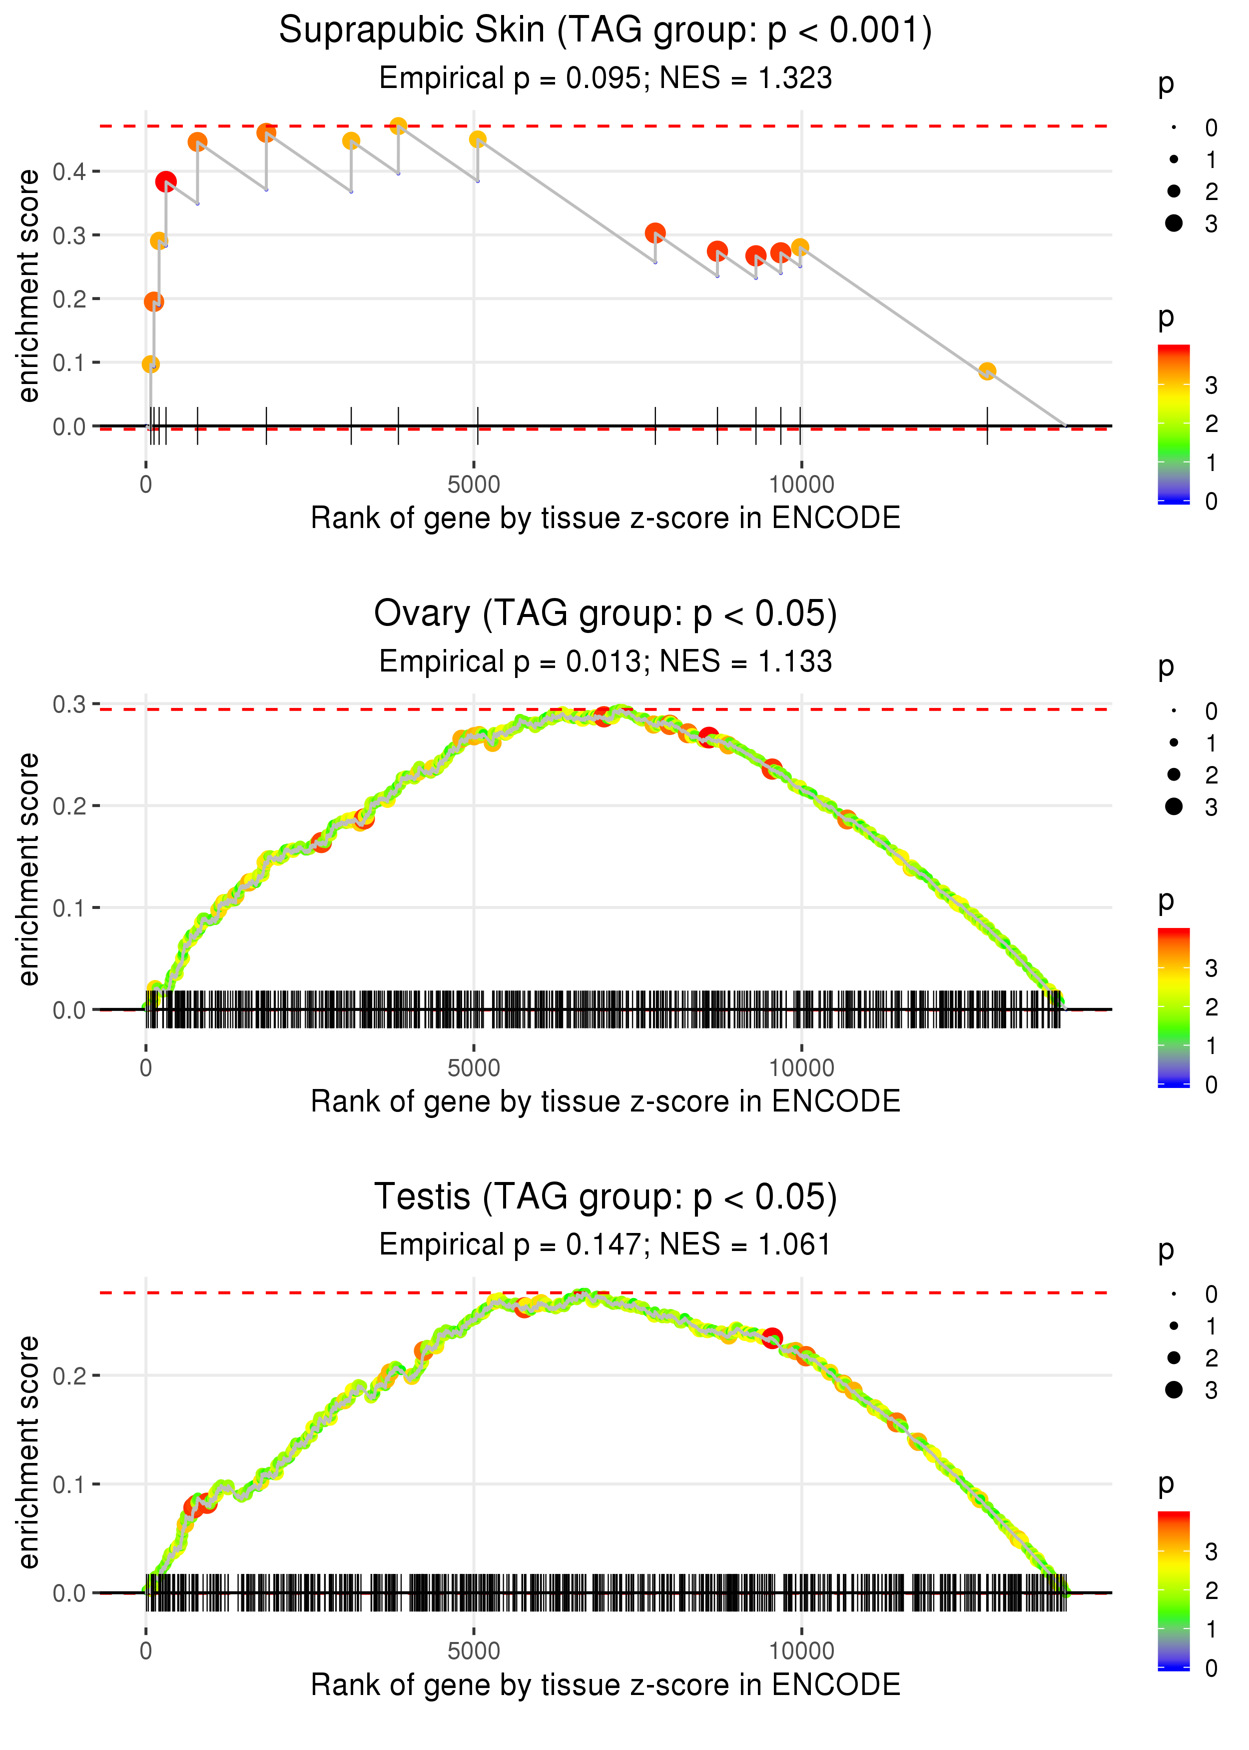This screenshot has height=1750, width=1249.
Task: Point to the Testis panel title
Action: (606, 1196)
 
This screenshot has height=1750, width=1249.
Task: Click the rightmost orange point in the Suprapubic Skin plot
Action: (987, 371)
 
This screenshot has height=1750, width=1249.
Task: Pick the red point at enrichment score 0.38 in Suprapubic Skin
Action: (165, 181)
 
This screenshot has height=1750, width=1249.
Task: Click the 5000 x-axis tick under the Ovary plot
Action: (474, 1067)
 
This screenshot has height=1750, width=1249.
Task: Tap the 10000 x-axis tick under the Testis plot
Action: (801, 1650)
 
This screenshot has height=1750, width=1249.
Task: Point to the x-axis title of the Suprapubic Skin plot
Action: (606, 518)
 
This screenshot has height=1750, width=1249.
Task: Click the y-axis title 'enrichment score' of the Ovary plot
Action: (28, 869)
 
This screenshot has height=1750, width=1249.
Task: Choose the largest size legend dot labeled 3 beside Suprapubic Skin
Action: (1174, 223)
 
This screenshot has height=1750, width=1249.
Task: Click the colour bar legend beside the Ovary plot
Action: (1174, 1006)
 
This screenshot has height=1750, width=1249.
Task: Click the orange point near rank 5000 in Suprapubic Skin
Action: (478, 139)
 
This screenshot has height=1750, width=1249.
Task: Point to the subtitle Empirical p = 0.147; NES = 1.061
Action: (606, 1244)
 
